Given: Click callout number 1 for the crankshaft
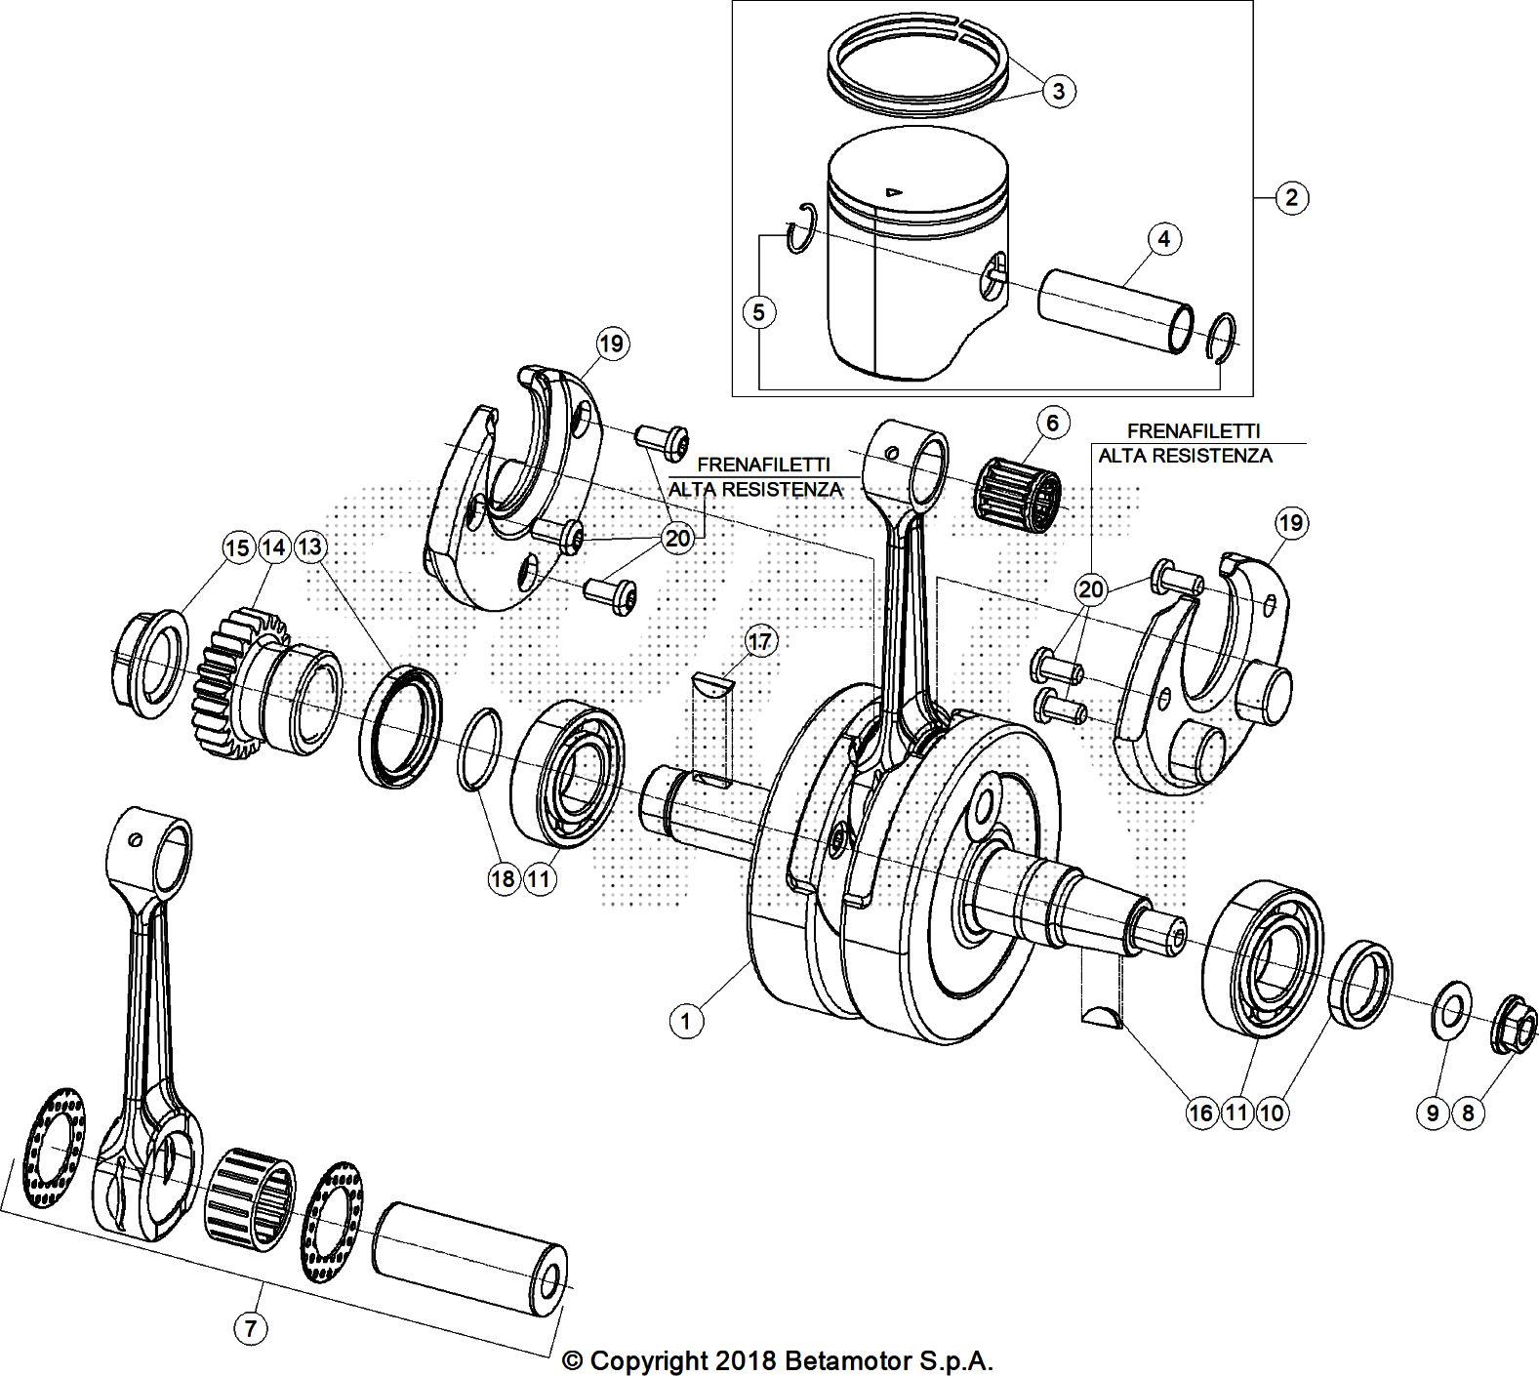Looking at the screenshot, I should pyautogui.click(x=687, y=1022).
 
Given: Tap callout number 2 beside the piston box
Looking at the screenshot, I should pyautogui.click(x=1291, y=198).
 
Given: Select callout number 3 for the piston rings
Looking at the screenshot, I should pyautogui.click(x=1059, y=92).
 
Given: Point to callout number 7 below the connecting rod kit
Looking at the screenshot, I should pyautogui.click(x=251, y=1327).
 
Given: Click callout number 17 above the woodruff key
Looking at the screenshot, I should pyautogui.click(x=760, y=641).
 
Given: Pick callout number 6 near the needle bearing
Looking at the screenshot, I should pyautogui.click(x=1052, y=424).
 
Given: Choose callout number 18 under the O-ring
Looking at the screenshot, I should pyautogui.click(x=503, y=878).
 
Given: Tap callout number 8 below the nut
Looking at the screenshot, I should pyautogui.click(x=1468, y=1113).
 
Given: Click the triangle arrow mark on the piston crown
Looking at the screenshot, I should pyautogui.click(x=891, y=191).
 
